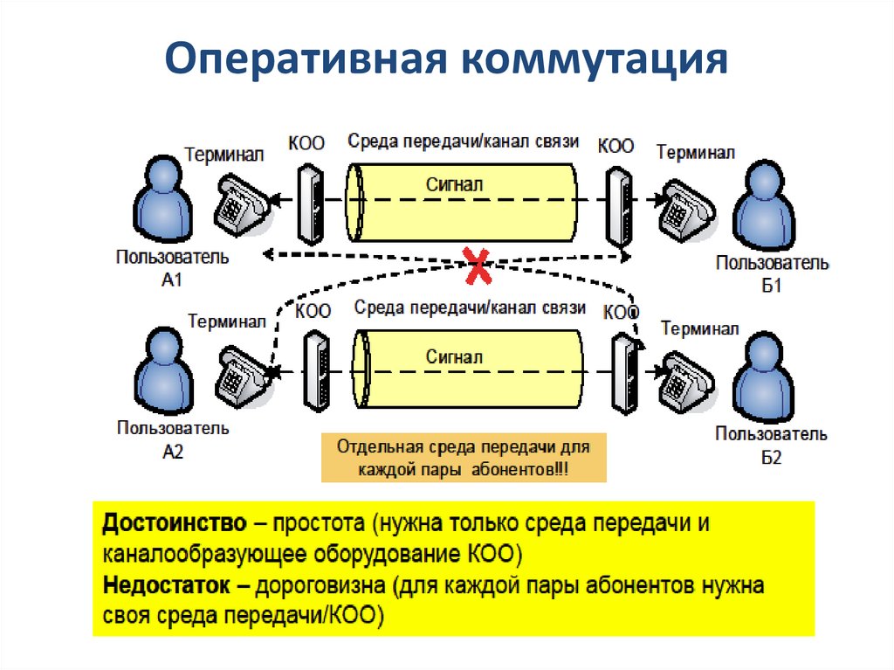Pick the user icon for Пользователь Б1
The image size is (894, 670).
click(767, 207)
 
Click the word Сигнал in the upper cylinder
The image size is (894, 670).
click(455, 185)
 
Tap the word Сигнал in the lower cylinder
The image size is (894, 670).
click(455, 356)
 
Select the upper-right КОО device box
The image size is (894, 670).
click(621, 207)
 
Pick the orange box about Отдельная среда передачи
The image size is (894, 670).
click(464, 459)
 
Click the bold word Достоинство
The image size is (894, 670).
click(173, 525)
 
